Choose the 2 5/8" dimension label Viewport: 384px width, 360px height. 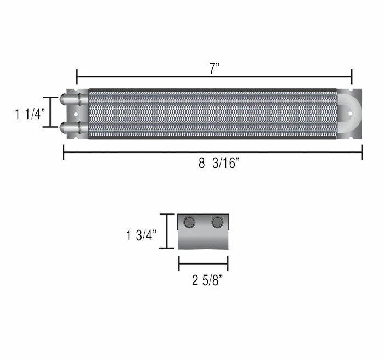click(207, 282)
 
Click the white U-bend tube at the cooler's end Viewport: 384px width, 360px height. click(351, 113)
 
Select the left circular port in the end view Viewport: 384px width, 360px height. click(189, 222)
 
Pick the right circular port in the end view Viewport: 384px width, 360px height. click(217, 222)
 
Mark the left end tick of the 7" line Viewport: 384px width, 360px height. click(77, 76)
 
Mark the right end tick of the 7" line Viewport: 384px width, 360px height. click(352, 76)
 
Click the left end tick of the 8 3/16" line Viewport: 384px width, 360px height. click(64, 152)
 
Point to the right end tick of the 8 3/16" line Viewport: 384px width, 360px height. click(362, 152)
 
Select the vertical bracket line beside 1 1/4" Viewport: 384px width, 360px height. click(50, 113)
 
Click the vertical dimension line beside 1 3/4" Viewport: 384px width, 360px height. click(167, 231)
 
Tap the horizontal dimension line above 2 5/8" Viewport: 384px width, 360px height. click(203, 263)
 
